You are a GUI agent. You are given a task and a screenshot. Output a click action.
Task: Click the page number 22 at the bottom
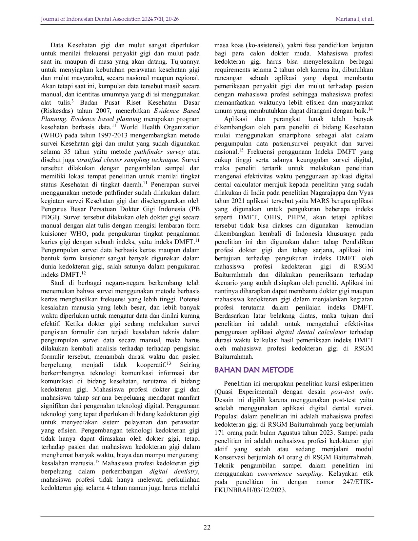pyautogui.click(x=207, y=527)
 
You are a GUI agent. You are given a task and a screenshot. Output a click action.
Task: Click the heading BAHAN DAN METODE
pyautogui.click(x=254, y=370)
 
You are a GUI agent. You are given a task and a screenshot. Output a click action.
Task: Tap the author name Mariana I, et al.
pyautogui.click(x=354, y=19)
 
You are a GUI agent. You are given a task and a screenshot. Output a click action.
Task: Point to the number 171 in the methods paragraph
pyautogui.click(x=219, y=433)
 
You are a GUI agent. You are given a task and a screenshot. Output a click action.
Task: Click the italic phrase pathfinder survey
pyautogui.click(x=159, y=152)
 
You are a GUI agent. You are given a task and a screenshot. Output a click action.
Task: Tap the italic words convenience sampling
pyautogui.click(x=290, y=474)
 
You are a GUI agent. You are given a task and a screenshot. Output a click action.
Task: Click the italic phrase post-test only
pyautogui.click(x=351, y=392)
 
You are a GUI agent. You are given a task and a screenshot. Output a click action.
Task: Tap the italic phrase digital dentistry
pyautogui.click(x=174, y=471)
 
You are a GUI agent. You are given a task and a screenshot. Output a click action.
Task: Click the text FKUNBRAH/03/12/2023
pyautogui.click(x=250, y=490)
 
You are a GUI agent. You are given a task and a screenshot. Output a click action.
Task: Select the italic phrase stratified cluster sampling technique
pyautogui.click(x=128, y=160)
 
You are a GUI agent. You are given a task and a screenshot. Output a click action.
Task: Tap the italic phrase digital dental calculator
pyautogui.click(x=311, y=332)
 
